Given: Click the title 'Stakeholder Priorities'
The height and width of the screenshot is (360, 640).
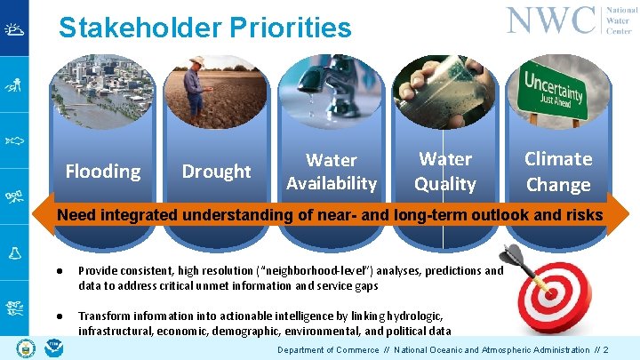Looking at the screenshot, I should (x=204, y=28).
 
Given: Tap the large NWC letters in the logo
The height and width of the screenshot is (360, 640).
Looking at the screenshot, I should (x=551, y=20).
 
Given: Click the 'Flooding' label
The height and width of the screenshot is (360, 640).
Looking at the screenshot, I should (x=103, y=171).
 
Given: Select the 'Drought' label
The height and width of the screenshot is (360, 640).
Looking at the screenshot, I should (x=216, y=171).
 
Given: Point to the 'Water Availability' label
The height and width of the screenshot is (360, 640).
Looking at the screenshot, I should (x=331, y=172).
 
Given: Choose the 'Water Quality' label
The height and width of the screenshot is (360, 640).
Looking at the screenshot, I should (x=444, y=172).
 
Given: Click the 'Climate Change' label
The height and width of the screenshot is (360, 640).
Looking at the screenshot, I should (x=557, y=172).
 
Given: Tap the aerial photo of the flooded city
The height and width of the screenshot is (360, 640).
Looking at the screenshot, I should (x=103, y=93).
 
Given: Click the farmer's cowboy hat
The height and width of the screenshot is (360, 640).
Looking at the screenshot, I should (x=196, y=61).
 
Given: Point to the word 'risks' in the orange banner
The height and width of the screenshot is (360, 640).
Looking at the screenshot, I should (x=581, y=214).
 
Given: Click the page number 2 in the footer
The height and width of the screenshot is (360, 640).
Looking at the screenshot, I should (x=605, y=350).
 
